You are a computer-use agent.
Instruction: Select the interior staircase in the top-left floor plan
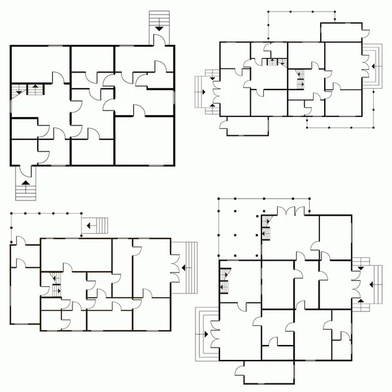tap(28, 89)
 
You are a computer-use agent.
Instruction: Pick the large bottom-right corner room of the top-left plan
tap(145, 140)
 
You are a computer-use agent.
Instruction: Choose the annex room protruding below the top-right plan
tap(245, 127)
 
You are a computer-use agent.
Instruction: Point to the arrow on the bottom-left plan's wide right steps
tap(187, 267)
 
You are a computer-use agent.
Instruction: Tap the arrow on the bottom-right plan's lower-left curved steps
tap(206, 334)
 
